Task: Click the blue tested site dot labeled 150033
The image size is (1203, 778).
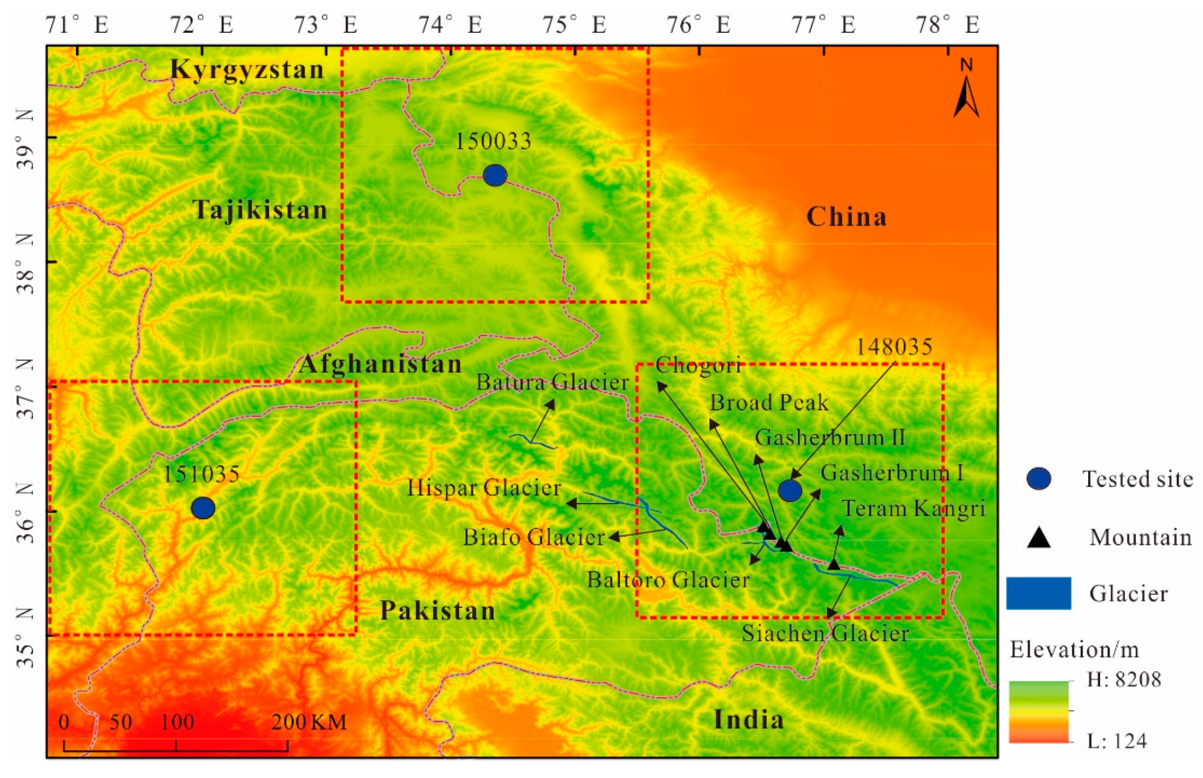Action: point(495,175)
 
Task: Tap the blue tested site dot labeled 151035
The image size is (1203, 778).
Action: point(203,508)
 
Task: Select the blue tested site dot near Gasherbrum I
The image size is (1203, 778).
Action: point(790,490)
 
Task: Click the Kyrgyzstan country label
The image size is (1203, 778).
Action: point(247,70)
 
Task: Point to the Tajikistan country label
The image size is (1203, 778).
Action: point(260,210)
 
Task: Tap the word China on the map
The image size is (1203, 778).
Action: point(846,217)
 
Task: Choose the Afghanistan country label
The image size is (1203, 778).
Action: point(380,364)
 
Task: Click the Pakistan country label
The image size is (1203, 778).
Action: point(437,611)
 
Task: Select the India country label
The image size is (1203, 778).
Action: point(749,720)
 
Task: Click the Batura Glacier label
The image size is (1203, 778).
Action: point(552,383)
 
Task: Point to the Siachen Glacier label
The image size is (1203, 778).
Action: point(825,633)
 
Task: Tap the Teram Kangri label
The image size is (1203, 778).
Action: point(913,509)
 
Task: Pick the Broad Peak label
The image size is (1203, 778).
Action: point(769,403)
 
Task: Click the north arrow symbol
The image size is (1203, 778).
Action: point(966,90)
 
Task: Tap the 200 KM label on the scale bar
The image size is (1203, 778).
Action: point(309,722)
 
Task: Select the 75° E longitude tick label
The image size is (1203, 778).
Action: point(574,25)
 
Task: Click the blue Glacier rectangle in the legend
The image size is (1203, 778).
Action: point(1038,593)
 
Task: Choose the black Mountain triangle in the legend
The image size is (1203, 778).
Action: point(1038,538)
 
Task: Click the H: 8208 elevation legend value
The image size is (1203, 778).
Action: point(1124,679)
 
